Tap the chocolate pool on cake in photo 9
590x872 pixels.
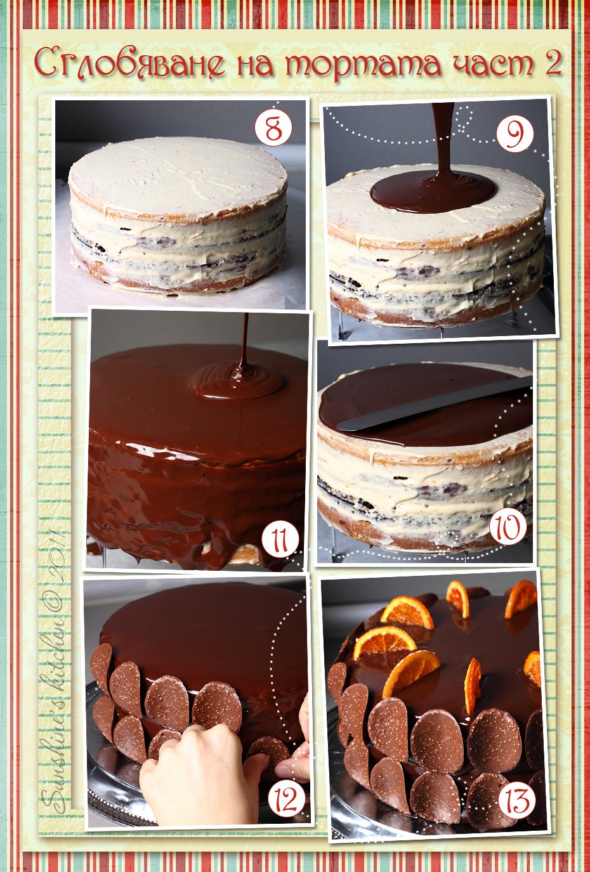pos(433,192)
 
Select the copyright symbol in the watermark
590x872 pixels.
pos(55,601)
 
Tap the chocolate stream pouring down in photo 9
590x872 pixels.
pos(443,141)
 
